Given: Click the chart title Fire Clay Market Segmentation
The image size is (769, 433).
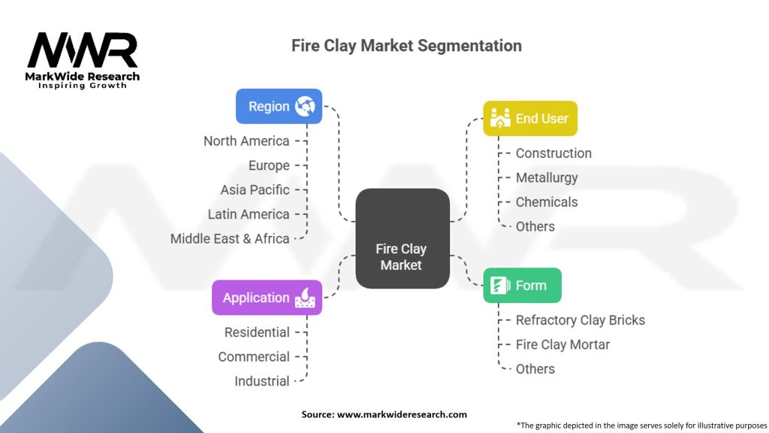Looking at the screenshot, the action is coord(406,46).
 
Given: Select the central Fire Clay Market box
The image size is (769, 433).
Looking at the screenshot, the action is coord(402,239).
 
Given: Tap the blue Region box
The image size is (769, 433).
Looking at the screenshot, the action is coord(279,106).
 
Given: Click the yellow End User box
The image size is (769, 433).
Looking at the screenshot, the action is coord(529,118).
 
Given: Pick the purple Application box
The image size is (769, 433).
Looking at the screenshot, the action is coord(267,298).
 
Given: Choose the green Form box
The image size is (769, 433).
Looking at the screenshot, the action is coord(521,286).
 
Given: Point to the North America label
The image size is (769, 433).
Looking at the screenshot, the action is coord(246,141).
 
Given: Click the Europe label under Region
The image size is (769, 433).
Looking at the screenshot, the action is coord(269,165).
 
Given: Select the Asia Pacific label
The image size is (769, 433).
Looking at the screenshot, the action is coord(255,190).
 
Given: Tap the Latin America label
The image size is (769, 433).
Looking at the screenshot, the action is coord(249,214).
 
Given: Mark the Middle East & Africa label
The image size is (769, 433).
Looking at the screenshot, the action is coord(230,238).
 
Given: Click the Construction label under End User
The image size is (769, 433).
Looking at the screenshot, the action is coord(553,153).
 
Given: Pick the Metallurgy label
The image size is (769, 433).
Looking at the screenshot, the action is coord(547,178).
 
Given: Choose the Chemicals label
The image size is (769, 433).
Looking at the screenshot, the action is coord(547,202).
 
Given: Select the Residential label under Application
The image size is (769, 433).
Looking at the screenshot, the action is coord(257,332).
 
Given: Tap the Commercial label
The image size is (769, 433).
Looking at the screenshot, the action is coord(254,356).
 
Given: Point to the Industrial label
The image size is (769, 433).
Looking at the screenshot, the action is coord(262,381).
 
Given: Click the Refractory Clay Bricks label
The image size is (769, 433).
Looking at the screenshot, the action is coord(580,320).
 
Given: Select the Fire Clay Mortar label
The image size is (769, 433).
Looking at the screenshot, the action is coord(562,344).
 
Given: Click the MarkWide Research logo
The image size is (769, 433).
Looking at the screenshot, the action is coord(83,59).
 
